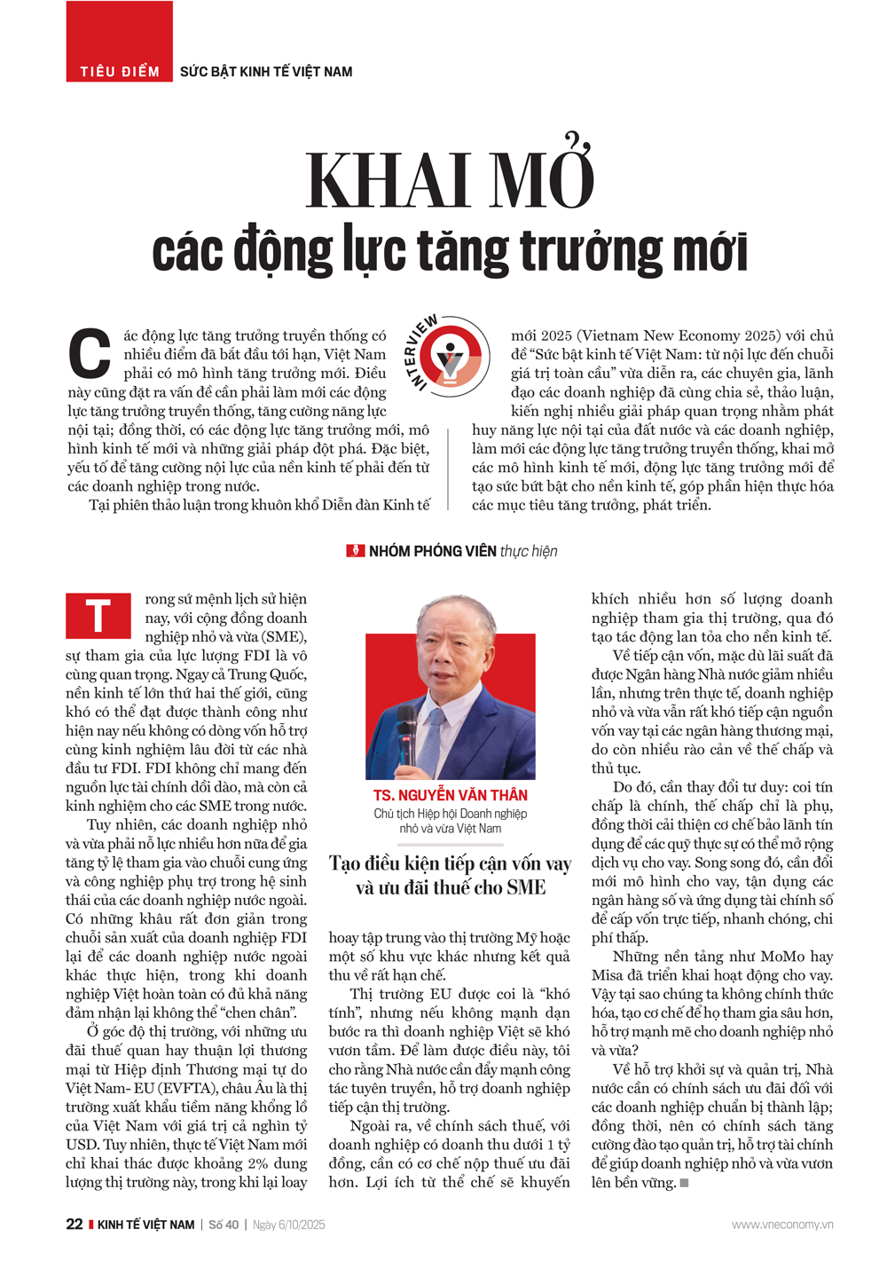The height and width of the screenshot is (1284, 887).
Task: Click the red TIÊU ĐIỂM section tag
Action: [x=120, y=71]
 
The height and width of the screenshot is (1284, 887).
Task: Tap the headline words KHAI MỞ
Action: [x=450, y=180]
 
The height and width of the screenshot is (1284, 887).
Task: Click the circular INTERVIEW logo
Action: [x=451, y=354]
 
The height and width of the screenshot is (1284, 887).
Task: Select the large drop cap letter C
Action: [x=90, y=353]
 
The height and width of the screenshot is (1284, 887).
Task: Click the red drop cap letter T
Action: [x=98, y=616]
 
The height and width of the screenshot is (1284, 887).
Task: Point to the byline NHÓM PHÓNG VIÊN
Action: [x=432, y=551]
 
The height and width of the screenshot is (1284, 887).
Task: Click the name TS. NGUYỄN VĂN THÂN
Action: [x=450, y=795]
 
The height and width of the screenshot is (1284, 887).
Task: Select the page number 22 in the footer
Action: [x=75, y=1225]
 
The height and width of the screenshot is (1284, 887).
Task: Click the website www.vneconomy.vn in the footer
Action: [x=781, y=1225]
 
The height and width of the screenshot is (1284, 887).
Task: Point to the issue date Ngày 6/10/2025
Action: [x=288, y=1225]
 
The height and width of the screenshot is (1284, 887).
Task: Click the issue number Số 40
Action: [x=224, y=1225]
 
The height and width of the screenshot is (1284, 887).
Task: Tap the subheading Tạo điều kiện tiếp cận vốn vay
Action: [x=450, y=863]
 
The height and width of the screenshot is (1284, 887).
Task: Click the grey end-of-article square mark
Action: [x=684, y=1183]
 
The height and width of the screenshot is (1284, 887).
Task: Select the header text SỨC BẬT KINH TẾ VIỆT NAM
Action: [x=266, y=72]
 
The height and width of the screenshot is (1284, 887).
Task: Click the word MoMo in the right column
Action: [x=781, y=957]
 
